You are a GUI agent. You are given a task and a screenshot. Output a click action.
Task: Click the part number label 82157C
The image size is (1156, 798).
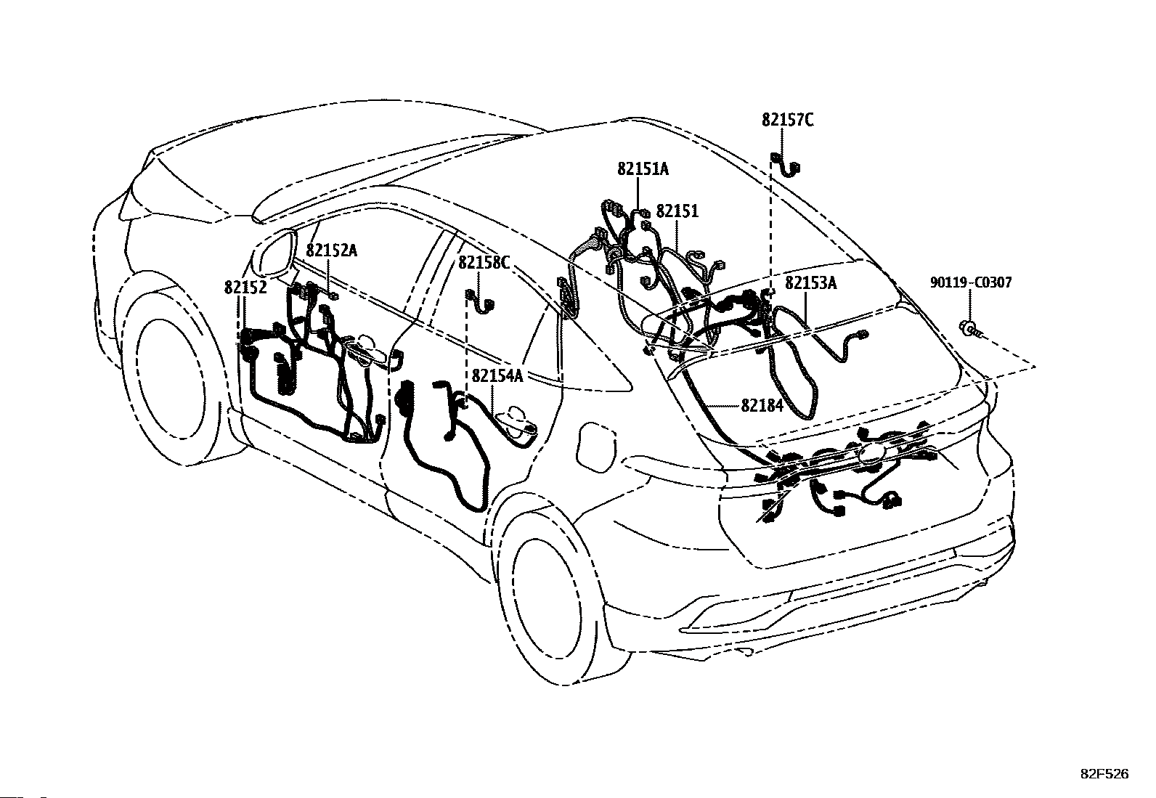(x=788, y=121)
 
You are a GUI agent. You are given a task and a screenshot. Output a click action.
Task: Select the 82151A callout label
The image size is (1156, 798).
(x=643, y=168)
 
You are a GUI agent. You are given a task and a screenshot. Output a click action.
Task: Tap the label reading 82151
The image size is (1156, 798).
(x=677, y=211)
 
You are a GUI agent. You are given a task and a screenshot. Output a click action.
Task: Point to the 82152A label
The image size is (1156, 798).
(x=331, y=251)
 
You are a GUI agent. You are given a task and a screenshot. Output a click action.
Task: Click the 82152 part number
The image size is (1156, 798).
(x=245, y=288)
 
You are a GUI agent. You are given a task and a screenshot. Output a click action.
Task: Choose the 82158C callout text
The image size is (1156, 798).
(x=484, y=263)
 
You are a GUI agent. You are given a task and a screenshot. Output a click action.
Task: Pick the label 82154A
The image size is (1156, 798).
(x=497, y=376)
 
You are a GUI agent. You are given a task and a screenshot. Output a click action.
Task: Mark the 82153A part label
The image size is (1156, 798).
(x=811, y=283)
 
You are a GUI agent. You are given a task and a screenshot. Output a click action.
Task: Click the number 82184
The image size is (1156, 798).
(x=762, y=406)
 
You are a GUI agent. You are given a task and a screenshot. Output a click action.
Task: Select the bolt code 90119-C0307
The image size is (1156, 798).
(x=972, y=282)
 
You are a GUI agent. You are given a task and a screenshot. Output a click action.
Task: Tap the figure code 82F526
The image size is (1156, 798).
(x=1105, y=774)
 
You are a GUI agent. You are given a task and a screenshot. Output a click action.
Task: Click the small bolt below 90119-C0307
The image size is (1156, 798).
(x=970, y=328)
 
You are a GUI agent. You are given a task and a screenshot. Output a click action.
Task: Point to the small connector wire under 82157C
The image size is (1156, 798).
(x=786, y=165)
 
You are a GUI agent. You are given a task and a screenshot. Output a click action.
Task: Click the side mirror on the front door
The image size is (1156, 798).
(x=274, y=256)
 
